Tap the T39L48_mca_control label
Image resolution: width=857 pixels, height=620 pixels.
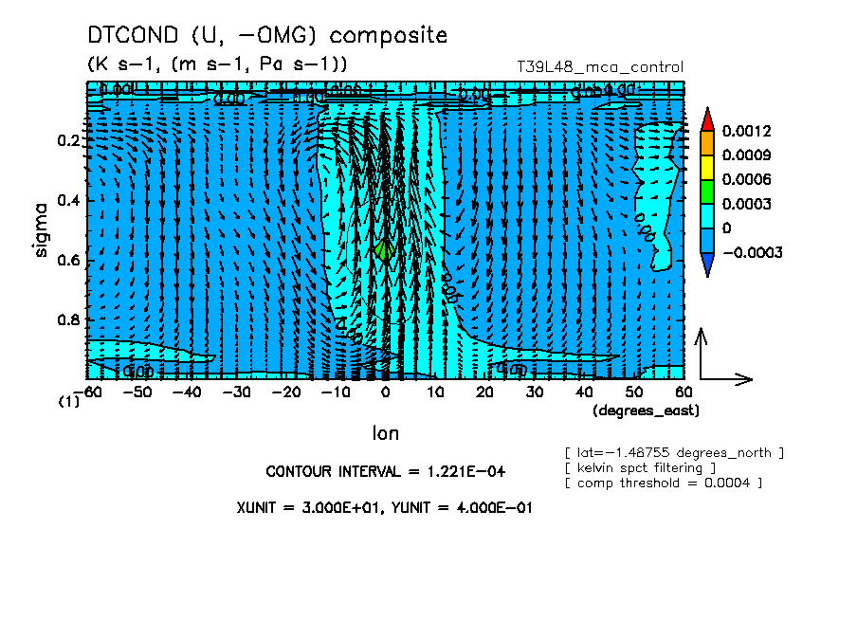pyautogui.click(x=599, y=67)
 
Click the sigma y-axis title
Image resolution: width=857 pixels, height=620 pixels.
pyautogui.click(x=41, y=229)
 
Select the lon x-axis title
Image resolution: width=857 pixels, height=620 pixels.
pyautogui.click(x=385, y=433)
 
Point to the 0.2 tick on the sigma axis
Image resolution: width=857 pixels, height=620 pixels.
pyautogui.click(x=71, y=139)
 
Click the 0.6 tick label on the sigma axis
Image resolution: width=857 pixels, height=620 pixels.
pyautogui.click(x=71, y=260)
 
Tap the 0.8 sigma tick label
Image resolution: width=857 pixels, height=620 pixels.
pyautogui.click(x=71, y=319)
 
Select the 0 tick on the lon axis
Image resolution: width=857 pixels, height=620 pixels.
pyautogui.click(x=386, y=392)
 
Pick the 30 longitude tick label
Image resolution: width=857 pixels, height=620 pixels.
pyautogui.click(x=535, y=392)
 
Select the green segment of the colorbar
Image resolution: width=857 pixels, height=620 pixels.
pyautogui.click(x=706, y=191)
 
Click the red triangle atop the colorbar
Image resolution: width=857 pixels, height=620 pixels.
pyautogui.click(x=706, y=118)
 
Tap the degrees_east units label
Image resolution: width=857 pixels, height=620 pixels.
pyautogui.click(x=646, y=410)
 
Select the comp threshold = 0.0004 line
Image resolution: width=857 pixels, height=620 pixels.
pyautogui.click(x=663, y=483)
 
